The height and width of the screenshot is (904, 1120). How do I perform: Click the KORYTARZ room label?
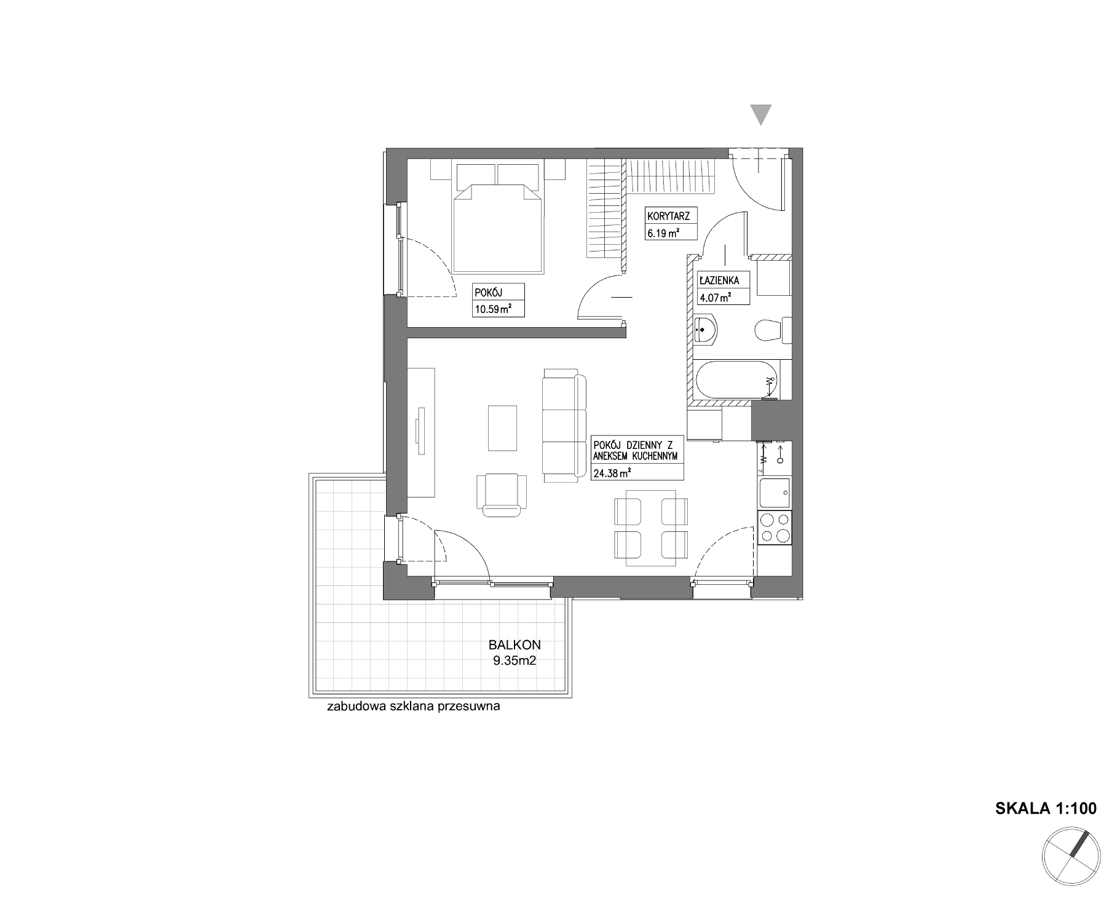(668, 216)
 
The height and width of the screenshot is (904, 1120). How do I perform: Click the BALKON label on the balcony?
(514, 645)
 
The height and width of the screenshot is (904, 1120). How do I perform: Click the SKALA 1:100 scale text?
(1045, 809)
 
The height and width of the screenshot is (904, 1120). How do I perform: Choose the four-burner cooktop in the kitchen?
(775, 528)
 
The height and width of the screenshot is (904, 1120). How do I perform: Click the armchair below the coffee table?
(502, 493)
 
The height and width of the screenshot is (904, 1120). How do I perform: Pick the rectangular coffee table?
(502, 428)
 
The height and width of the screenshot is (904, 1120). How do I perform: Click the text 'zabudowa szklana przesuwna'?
(414, 707)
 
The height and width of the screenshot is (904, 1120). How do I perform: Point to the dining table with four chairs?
(650, 528)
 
